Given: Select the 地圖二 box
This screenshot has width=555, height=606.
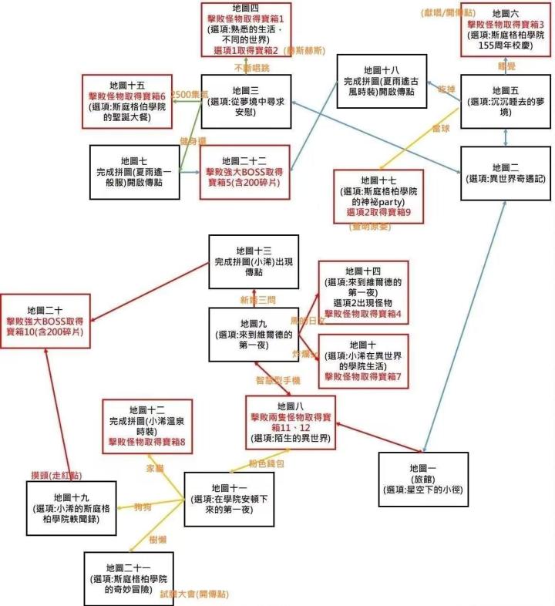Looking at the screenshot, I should (x=506, y=173).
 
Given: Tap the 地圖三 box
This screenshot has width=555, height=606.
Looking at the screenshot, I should (x=246, y=101).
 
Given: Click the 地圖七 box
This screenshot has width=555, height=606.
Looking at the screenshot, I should (x=134, y=165).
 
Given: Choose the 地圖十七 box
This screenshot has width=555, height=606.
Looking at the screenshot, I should (x=378, y=196).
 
